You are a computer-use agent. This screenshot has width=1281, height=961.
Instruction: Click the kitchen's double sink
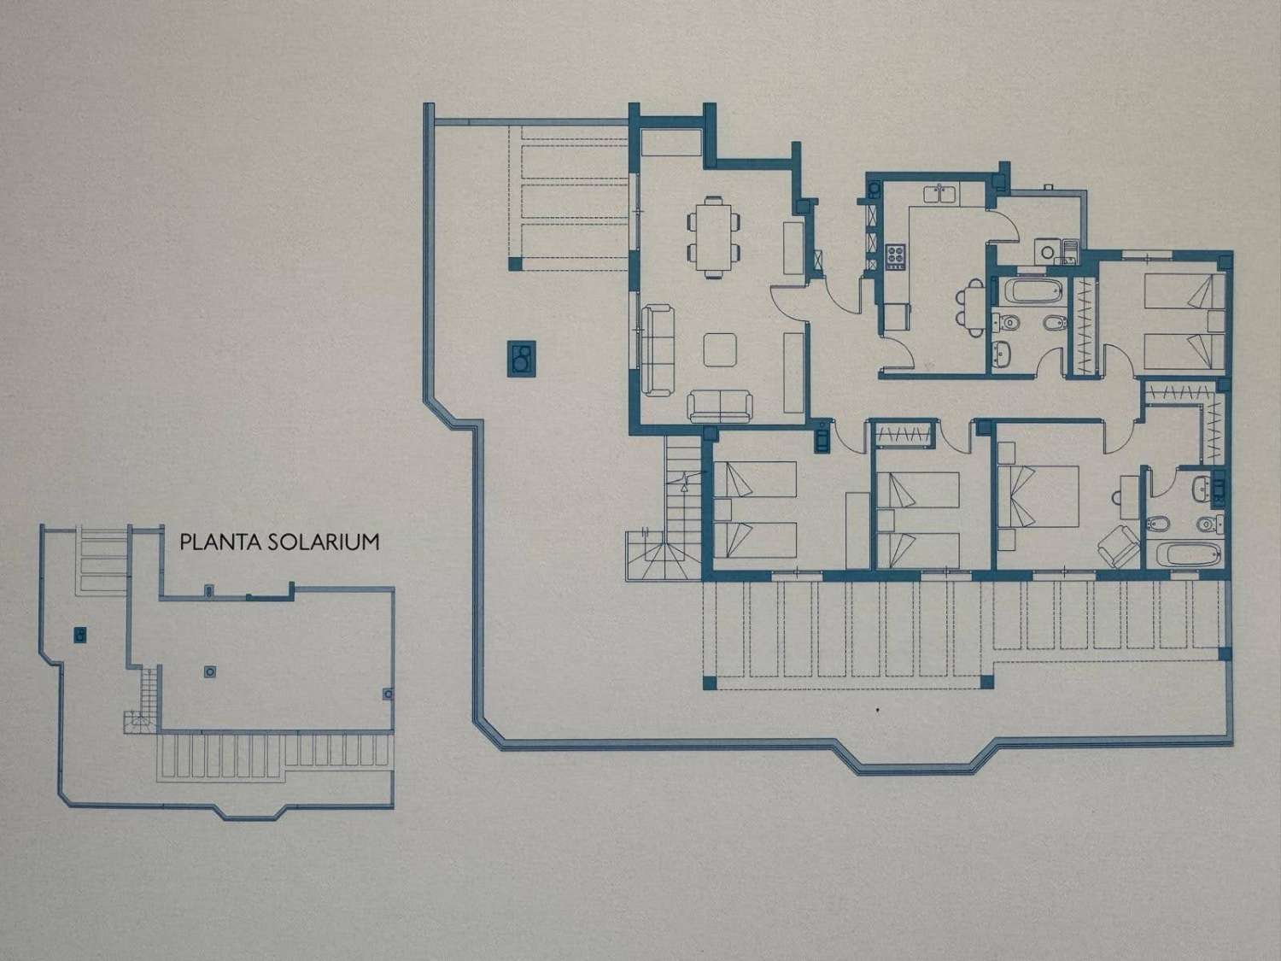(x=942, y=193)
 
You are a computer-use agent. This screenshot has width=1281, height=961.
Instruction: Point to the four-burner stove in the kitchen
(x=896, y=256)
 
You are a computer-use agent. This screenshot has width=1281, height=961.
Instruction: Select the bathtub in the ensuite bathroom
(x=1188, y=552)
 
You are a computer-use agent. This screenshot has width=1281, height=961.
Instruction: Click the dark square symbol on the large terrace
(x=520, y=357)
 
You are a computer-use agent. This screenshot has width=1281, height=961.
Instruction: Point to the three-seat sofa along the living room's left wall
(x=657, y=350)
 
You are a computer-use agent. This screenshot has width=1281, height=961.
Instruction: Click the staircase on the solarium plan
(x=145, y=696)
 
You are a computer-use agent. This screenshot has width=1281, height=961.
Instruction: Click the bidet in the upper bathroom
(x=1049, y=324)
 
